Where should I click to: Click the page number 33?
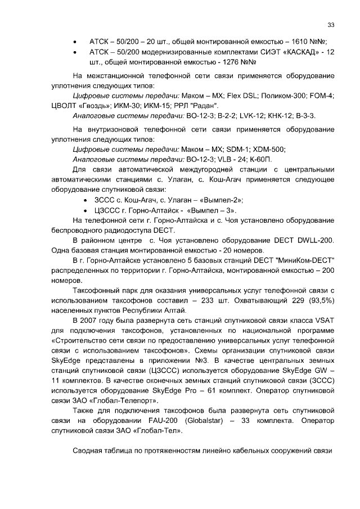[331, 25]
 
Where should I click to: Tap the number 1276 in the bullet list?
[226, 62]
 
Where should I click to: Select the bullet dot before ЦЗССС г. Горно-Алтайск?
[84, 210]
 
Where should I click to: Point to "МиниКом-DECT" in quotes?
[302, 260]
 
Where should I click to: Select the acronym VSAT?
[325, 321]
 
